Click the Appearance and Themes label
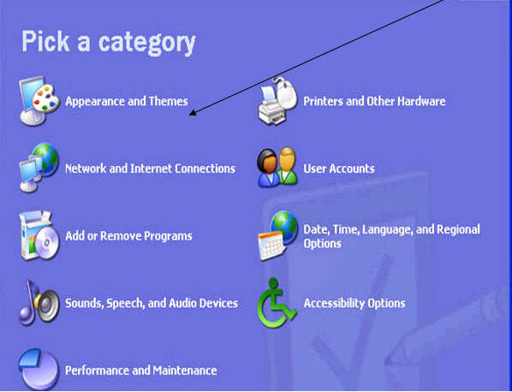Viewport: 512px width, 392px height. tap(127, 101)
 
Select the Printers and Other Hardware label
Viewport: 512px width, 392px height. tap(374, 101)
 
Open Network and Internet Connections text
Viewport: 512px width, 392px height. tap(150, 169)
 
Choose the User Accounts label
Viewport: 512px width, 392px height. tap(339, 169)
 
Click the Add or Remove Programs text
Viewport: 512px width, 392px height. tap(128, 236)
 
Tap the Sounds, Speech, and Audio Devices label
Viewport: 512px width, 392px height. tap(152, 303)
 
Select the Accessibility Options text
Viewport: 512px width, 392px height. tap(354, 303)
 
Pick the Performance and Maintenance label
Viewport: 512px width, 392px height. tap(140, 371)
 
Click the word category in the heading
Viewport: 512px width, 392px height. tap(147, 44)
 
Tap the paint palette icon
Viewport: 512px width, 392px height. tap(45, 98)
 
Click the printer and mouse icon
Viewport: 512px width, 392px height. tap(277, 101)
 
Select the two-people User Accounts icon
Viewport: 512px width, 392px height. tap(277, 167)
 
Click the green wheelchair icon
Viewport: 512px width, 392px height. tap(277, 303)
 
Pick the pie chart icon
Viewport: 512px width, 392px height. tap(39, 370)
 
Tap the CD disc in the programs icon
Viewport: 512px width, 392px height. tap(47, 243)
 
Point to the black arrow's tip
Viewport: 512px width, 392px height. tap(190, 115)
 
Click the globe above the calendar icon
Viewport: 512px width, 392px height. tap(284, 227)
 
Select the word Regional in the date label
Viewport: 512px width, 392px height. tap(458, 229)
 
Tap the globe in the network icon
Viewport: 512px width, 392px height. tap(45, 159)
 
